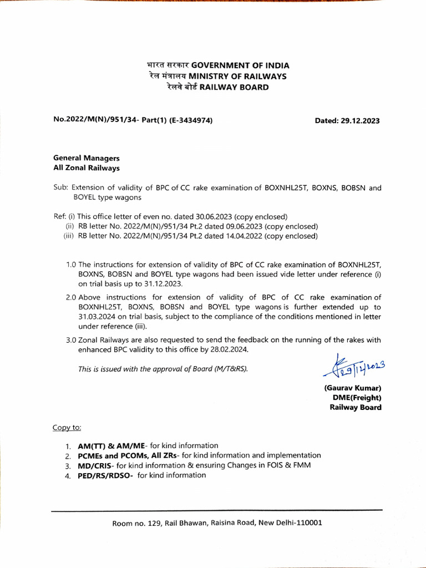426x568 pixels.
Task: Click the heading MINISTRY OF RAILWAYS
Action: click(x=237, y=76)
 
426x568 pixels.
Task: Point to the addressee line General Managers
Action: click(x=86, y=158)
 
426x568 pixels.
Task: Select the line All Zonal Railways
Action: click(x=86, y=168)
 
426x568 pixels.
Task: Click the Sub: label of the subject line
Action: click(x=60, y=187)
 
